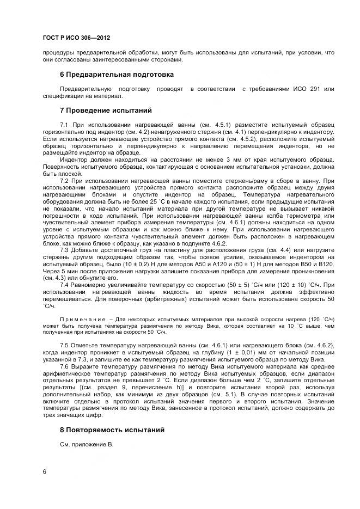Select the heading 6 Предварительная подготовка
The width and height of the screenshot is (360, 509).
(117, 74)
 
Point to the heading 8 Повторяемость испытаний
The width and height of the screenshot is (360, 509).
(112, 430)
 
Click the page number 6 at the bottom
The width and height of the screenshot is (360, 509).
(44, 471)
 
